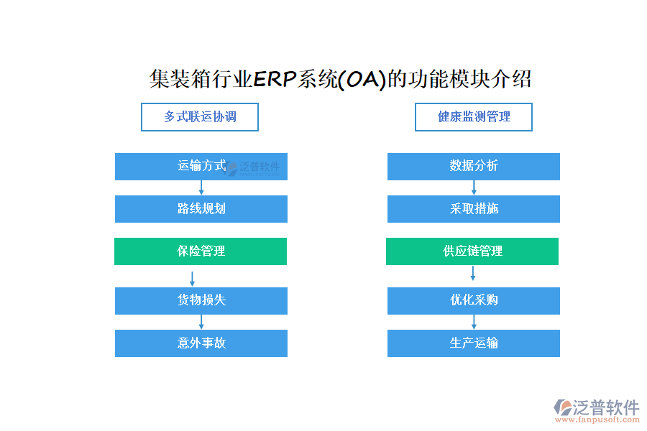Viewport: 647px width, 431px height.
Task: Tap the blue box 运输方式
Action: click(x=201, y=167)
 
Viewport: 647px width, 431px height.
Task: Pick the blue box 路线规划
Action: click(x=201, y=209)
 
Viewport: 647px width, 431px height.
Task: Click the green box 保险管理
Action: click(x=201, y=251)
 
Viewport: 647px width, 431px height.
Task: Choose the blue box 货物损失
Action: click(x=201, y=301)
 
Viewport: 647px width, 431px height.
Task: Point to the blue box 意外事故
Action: click(x=201, y=343)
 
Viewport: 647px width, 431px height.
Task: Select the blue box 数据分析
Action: click(x=474, y=167)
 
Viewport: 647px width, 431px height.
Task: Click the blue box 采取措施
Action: click(x=474, y=209)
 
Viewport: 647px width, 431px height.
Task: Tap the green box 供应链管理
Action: click(x=472, y=251)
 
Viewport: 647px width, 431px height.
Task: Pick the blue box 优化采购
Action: click(x=474, y=301)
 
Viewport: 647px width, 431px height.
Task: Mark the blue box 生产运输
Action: click(x=474, y=343)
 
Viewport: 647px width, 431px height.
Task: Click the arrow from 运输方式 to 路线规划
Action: click(x=201, y=187)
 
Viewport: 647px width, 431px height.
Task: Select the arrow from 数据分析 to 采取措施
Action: click(x=474, y=187)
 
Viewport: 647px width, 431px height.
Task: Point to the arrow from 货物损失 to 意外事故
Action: click(x=201, y=322)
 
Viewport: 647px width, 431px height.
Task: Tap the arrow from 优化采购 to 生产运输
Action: click(x=474, y=322)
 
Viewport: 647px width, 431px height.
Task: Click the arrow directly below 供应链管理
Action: click(x=473, y=273)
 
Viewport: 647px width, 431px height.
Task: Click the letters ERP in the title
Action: click(x=275, y=79)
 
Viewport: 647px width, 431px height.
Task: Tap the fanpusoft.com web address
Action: click(x=597, y=420)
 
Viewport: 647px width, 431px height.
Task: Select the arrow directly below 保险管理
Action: click(x=192, y=279)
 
